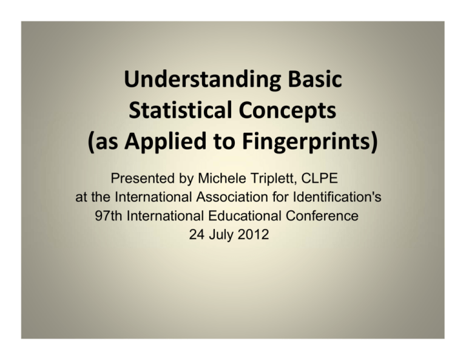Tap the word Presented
pos(137,180)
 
